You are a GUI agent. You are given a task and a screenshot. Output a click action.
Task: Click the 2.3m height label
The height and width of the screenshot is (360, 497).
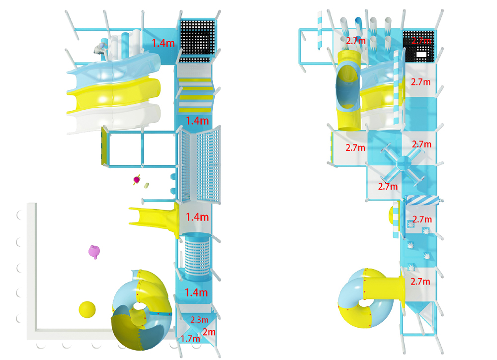199,320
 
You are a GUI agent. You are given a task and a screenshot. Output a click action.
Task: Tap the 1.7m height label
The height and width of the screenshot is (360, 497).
190,339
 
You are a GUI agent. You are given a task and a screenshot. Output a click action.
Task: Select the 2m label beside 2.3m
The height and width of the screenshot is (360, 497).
209,332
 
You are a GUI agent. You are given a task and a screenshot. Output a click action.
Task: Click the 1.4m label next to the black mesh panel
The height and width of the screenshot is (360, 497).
163,43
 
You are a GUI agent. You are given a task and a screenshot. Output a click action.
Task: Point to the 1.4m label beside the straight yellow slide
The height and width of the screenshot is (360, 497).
197,217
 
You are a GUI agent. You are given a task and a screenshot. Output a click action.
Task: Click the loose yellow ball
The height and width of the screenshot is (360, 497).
87,309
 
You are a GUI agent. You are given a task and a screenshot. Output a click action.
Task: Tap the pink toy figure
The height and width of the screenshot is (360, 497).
94,252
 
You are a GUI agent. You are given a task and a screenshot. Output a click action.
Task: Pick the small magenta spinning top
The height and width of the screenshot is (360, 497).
137,180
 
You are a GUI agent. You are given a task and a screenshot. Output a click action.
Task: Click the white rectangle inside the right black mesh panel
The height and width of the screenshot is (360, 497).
421,55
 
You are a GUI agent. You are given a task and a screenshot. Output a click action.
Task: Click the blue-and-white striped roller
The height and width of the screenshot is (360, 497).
422,200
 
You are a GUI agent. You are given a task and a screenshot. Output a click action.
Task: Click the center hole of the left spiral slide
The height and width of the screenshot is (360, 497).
138,306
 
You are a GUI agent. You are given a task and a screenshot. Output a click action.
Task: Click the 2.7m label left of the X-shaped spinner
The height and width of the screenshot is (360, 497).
355,147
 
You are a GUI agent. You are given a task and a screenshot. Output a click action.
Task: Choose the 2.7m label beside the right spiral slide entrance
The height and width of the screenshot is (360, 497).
420,281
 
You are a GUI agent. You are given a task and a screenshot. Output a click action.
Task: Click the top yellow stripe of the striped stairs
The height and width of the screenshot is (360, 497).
195,80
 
